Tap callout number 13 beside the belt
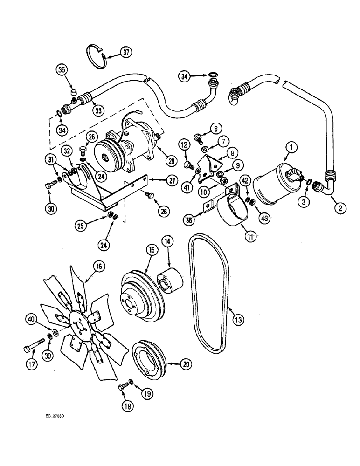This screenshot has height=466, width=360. coord(238,320)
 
